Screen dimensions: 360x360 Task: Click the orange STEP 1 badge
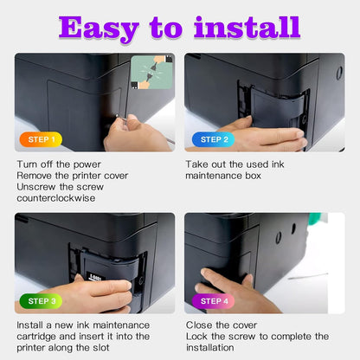tap(41, 139)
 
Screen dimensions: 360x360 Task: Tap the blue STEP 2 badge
tap(214, 139)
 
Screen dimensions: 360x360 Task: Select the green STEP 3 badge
tap(41, 301)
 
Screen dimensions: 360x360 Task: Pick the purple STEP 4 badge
tap(214, 301)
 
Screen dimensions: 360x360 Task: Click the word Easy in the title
tap(99, 29)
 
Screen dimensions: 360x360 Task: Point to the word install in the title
tap(247, 27)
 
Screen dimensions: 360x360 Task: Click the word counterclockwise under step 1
tap(56, 198)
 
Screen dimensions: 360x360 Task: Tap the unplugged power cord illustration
tap(151, 73)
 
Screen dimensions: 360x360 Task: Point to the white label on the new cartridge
tap(95, 278)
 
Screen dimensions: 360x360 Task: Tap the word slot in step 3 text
tap(101, 348)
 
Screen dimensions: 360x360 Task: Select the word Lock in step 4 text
tap(196, 337)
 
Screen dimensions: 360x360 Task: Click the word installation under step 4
tap(210, 348)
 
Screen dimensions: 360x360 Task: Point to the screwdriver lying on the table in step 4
tap(308, 276)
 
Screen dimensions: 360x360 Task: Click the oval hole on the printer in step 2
tap(339, 73)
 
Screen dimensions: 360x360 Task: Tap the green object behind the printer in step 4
tap(314, 219)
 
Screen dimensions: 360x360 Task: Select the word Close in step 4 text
tap(200, 325)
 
